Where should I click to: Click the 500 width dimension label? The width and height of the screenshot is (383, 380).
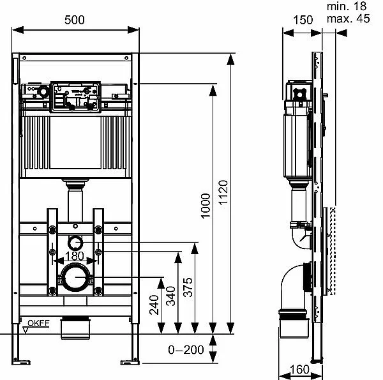pos(75,19)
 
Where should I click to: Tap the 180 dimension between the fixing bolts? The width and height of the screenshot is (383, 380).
pos(75,255)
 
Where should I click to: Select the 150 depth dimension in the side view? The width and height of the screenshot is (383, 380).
pos(303,19)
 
